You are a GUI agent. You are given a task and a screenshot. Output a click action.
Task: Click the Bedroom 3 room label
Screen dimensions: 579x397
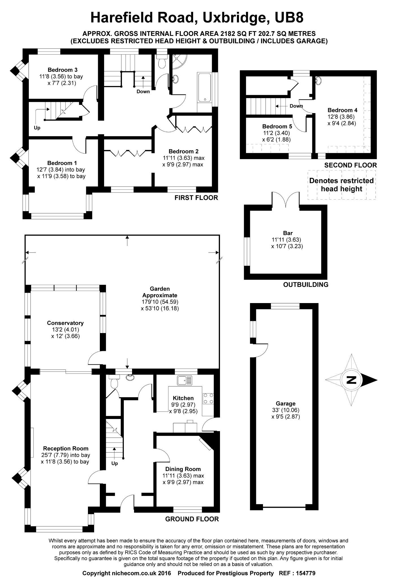pos(62,70)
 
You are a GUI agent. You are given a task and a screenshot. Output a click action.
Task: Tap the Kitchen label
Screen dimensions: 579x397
pos(183,398)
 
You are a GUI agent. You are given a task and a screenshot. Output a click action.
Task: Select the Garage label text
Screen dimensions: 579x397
pos(286,403)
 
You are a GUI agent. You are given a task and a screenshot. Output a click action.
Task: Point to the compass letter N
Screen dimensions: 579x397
pos(351,380)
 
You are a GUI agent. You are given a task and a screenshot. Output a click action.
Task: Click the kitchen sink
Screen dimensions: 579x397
pos(185,380)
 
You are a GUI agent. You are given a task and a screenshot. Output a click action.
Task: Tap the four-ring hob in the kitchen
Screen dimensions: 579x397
pos(208,399)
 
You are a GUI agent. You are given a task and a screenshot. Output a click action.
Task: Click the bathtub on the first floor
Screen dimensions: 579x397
pos(204,87)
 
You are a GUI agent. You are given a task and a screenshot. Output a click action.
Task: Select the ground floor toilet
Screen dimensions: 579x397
pos(114,383)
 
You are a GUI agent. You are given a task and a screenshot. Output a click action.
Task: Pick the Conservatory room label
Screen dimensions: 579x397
pos(65,323)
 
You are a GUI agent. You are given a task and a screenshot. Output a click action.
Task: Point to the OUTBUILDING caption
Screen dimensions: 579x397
pos(306,285)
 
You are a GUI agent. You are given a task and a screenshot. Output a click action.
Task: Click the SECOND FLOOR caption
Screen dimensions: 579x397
pos(350,165)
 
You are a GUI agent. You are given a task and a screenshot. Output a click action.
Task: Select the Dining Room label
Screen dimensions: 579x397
pos(183,469)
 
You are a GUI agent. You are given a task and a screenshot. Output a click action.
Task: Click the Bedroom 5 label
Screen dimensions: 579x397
pos(277,126)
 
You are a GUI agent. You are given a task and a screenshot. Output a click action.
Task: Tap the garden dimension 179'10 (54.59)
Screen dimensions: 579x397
pos(160,302)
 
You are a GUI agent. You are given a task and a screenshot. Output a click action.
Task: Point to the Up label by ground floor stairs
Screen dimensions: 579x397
pos(115,463)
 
